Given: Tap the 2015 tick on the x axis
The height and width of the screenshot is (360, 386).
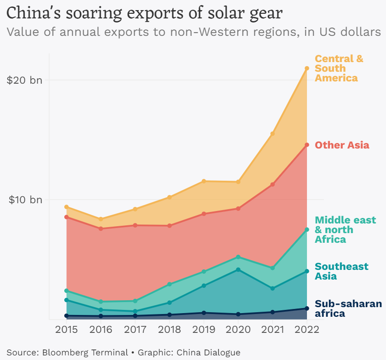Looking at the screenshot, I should (x=66, y=329).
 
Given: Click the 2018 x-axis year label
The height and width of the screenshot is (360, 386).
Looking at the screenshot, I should (x=169, y=329).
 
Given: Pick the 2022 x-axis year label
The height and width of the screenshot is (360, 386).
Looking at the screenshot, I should (x=307, y=329).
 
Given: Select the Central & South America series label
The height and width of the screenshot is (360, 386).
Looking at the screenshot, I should (x=339, y=69).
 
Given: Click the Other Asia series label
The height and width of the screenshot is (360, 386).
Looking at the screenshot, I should (x=342, y=145).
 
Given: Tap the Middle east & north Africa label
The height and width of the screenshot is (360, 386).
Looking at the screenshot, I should (x=345, y=230).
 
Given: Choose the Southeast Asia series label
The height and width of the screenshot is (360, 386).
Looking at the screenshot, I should (x=341, y=271).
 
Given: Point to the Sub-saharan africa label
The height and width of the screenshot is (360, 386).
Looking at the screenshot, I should (x=348, y=309).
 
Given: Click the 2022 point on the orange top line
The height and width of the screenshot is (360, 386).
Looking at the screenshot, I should (x=307, y=69).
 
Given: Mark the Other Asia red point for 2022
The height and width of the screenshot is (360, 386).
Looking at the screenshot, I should (x=307, y=145).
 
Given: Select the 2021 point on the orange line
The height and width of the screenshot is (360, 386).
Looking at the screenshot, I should (x=272, y=134).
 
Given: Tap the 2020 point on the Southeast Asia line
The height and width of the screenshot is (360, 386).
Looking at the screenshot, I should (x=238, y=270).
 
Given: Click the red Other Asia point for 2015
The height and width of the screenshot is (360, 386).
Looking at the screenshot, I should (x=67, y=217).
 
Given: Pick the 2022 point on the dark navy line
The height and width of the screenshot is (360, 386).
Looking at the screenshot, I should (x=307, y=309).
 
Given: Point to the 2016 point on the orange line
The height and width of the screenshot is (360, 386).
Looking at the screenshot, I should (x=101, y=219).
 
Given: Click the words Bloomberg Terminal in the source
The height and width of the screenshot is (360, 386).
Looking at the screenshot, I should (x=85, y=353).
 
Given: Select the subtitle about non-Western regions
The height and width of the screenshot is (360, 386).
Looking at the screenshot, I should (x=193, y=33).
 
